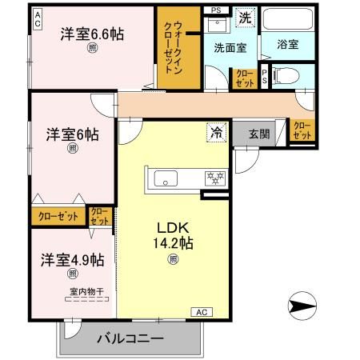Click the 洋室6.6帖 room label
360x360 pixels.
[92, 34]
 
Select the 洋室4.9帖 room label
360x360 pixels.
[72, 260]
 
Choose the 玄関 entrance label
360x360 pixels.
[258, 134]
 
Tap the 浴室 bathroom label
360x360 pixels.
[288, 45]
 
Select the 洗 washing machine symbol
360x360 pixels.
[245, 17]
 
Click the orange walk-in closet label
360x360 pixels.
[176, 48]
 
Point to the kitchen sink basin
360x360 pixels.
[166, 178]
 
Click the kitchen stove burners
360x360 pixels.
[214, 178]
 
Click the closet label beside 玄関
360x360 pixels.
[302, 130]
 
